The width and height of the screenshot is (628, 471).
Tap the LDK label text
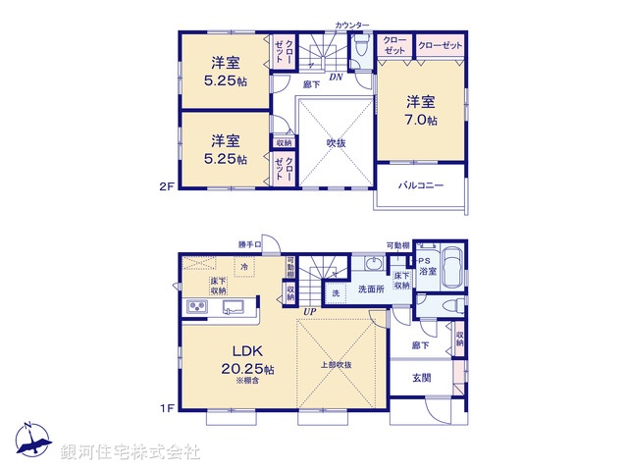[245, 350]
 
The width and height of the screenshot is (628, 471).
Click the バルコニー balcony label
[420, 184]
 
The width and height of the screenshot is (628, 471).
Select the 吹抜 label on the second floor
[336, 143]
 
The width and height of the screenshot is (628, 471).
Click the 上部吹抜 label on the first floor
[336, 365]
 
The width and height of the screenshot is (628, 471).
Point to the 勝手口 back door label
[250, 244]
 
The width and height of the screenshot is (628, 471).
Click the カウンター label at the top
[352, 24]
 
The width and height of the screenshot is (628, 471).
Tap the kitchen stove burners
[194, 310]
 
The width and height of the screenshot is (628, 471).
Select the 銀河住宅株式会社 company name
[131, 452]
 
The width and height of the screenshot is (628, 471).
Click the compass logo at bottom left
[33, 441]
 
